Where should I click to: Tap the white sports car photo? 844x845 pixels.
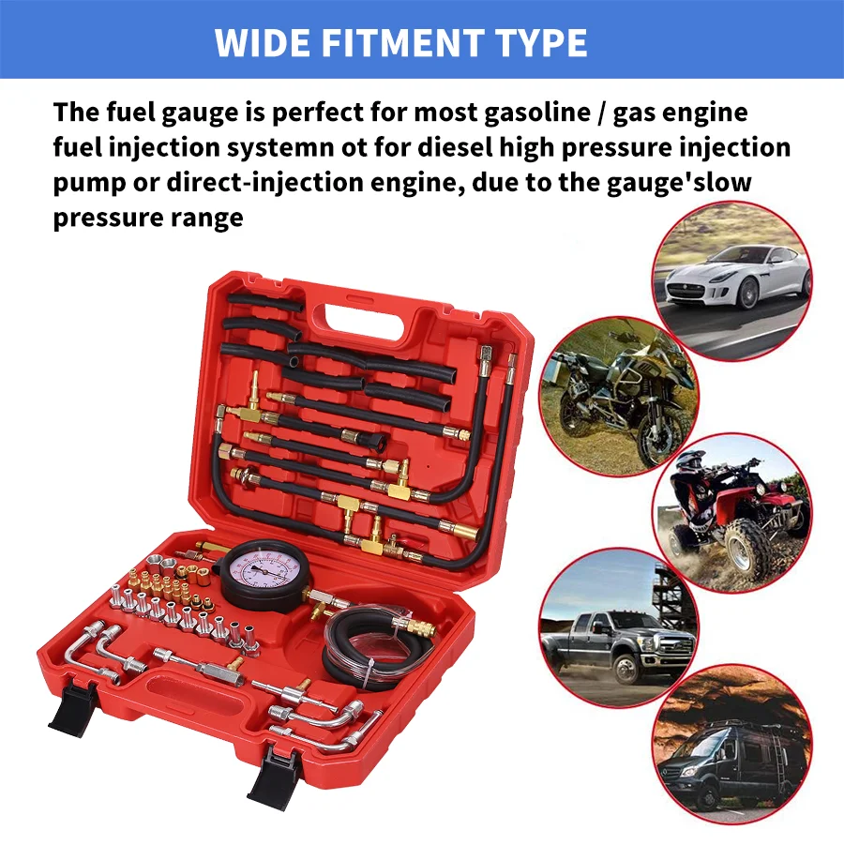[x=731, y=279]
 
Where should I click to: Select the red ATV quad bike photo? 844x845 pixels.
[x=731, y=511]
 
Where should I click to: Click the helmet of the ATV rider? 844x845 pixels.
[x=691, y=461]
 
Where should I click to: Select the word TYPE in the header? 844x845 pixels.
[x=536, y=42]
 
